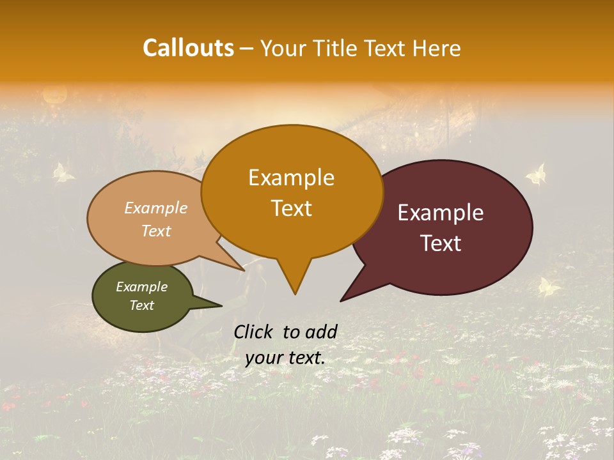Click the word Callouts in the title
(188, 48)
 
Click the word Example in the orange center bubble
(291, 178)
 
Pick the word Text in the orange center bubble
(291, 208)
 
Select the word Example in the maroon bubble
(441, 213)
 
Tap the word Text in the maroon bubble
(441, 243)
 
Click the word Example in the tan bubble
(155, 208)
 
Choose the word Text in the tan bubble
(155, 231)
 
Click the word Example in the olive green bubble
(141, 287)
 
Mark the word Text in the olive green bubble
(141, 305)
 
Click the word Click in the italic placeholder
(255, 332)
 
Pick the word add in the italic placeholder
(320, 332)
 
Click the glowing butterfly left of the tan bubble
(63, 172)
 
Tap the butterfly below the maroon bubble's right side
(549, 287)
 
